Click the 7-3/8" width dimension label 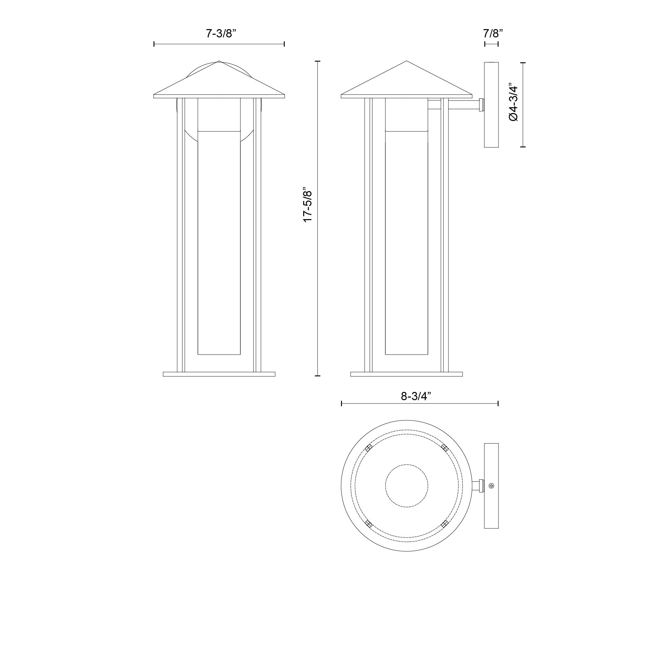[x=221, y=33]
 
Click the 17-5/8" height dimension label [x=308, y=205]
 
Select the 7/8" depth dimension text [x=493, y=33]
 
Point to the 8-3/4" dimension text [x=416, y=396]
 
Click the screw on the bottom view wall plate [x=492, y=486]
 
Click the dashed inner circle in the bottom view [x=406, y=486]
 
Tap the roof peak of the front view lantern [x=219, y=62]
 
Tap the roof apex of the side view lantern [x=406, y=62]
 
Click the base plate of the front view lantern [x=219, y=374]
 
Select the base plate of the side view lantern [x=406, y=374]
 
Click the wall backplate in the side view [x=491, y=105]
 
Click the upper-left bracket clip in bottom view [x=368, y=448]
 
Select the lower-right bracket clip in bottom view [x=445, y=524]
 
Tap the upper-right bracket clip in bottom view [x=445, y=448]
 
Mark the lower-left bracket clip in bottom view [x=368, y=524]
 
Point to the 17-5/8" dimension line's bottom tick [x=317, y=376]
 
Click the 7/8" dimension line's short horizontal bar [x=491, y=44]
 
